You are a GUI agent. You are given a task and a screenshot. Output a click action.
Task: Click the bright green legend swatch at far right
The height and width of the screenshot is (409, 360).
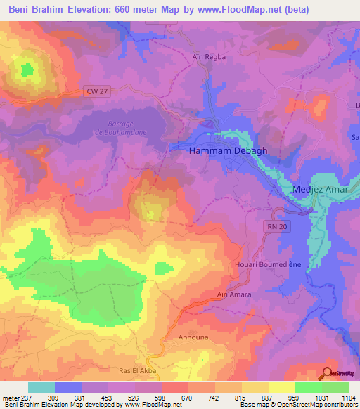(335, 387)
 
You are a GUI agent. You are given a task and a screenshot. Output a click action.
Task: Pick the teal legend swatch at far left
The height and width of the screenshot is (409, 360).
(41, 387)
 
